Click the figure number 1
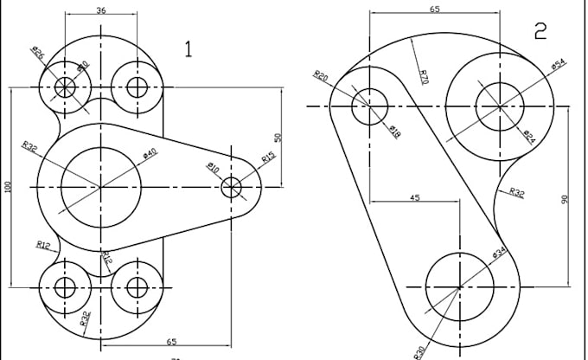(188, 48)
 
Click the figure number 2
(540, 32)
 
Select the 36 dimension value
(101, 10)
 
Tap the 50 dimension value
(278, 138)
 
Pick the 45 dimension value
(414, 198)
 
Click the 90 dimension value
(564, 199)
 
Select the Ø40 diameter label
(150, 154)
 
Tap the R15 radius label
(268, 157)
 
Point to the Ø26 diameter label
(38, 54)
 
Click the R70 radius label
(423, 76)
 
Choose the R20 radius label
(321, 76)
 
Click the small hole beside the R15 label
(232, 187)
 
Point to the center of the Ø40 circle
(101, 187)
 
